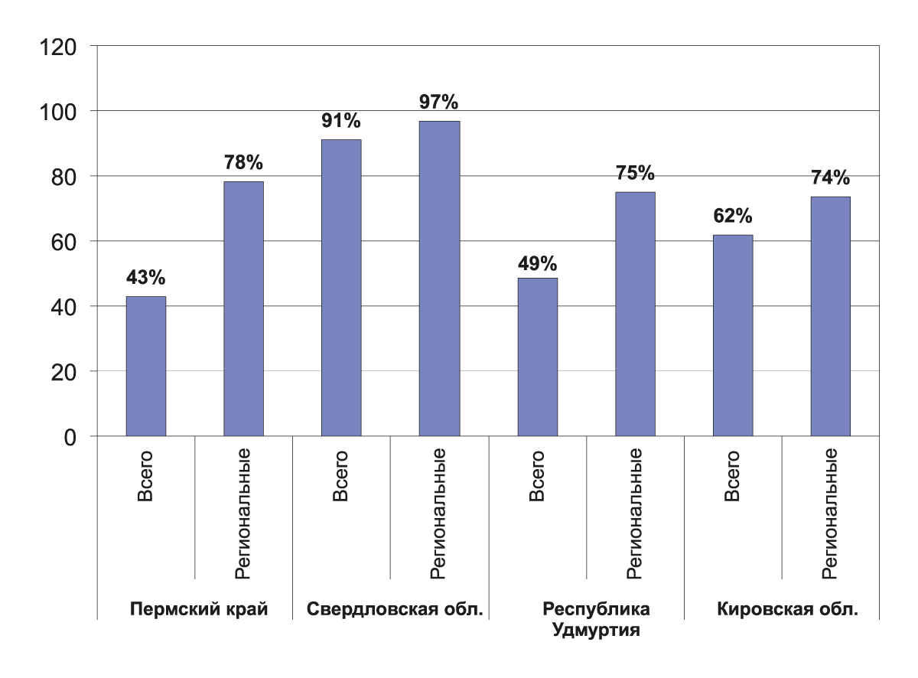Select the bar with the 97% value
click(439, 279)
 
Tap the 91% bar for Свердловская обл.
click(341, 288)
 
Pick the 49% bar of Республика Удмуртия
click(537, 357)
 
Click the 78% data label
click(243, 162)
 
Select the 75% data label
click(635, 173)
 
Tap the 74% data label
click(831, 178)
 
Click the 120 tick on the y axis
click(59, 47)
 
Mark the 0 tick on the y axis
click(70, 437)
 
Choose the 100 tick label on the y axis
click(59, 112)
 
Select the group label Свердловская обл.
click(396, 610)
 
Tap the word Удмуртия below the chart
click(596, 632)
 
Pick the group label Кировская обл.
click(788, 610)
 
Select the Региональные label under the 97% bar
click(439, 513)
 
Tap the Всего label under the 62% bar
click(732, 477)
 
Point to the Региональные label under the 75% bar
click(635, 513)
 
